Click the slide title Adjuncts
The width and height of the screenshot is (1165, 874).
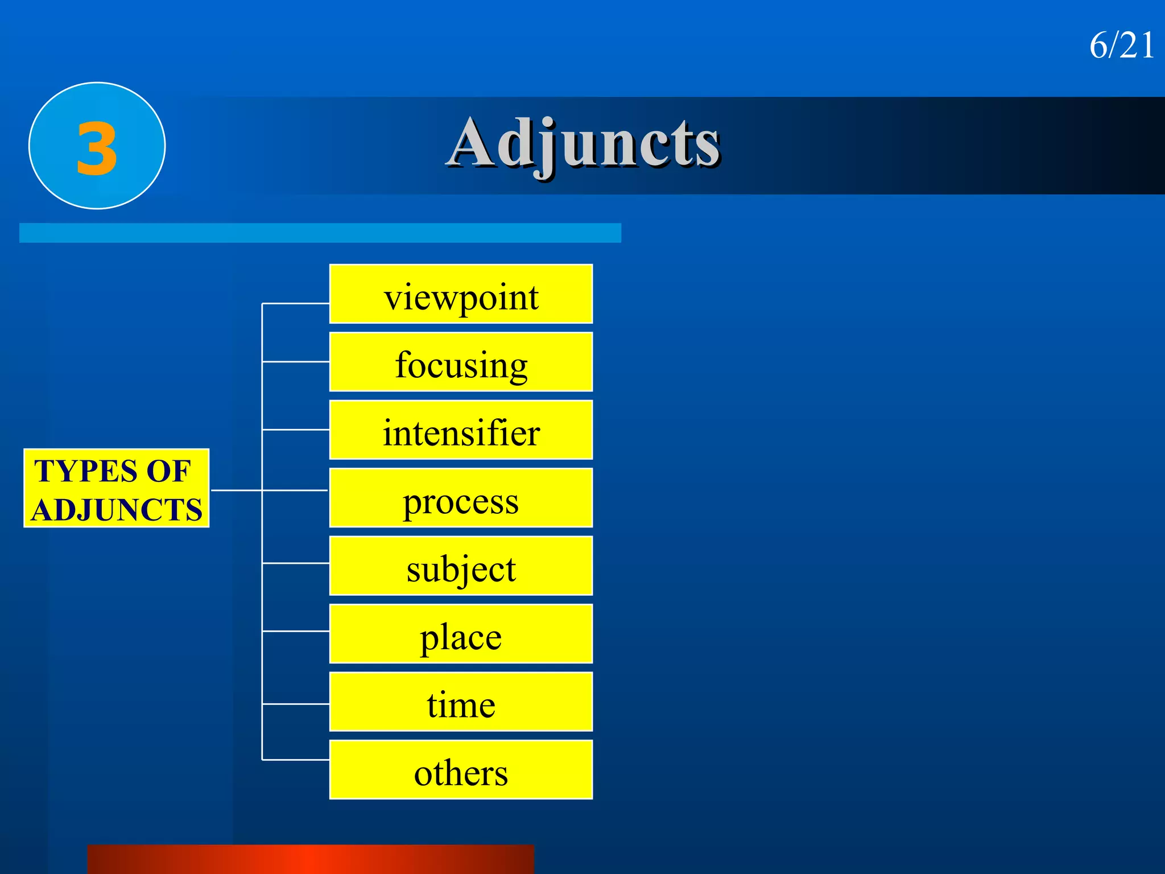[x=584, y=143]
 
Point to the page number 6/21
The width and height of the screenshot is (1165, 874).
[x=1121, y=46]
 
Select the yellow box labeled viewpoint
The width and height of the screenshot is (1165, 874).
[x=461, y=294]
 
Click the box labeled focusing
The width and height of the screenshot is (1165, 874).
[x=461, y=362]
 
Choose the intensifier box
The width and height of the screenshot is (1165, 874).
[x=461, y=430]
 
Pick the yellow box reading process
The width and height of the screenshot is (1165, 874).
[x=461, y=498]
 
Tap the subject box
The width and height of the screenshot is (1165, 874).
[x=461, y=566]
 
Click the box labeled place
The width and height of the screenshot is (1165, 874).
[x=461, y=634]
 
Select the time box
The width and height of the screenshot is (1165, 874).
[x=461, y=702]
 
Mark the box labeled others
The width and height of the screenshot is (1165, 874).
[x=461, y=770]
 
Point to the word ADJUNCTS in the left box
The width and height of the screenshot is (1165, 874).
[x=117, y=509]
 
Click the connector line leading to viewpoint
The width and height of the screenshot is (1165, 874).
[x=296, y=304]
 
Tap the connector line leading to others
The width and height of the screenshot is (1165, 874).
[x=296, y=760]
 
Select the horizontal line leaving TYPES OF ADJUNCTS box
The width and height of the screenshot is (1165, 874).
[x=236, y=490]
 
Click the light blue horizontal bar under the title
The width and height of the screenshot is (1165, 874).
[x=320, y=233]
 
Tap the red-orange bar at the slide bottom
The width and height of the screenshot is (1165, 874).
[x=311, y=859]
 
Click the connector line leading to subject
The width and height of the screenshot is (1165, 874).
[x=296, y=563]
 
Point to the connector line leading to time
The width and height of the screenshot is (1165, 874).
[x=296, y=704]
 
